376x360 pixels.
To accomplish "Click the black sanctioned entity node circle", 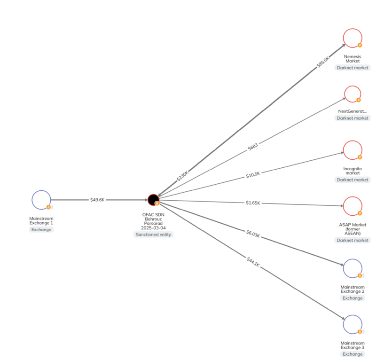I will tap(153, 200).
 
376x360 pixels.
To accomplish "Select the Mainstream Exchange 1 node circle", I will tap(41, 200).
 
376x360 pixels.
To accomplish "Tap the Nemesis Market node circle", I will tap(352, 38).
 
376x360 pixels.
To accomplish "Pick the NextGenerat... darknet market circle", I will tap(352, 94).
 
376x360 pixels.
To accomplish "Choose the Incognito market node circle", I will tap(352, 150).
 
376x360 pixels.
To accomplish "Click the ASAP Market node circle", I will tap(352, 206).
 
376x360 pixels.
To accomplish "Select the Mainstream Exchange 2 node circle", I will tap(352, 268).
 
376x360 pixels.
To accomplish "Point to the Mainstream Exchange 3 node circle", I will tap(352, 324).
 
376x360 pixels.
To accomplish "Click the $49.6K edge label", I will tap(97, 200).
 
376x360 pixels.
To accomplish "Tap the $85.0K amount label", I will tap(323, 62).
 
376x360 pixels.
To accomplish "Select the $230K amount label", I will tap(183, 176).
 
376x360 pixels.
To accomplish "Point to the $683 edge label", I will tap(253, 147).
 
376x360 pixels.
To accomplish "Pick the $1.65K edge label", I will tap(252, 203).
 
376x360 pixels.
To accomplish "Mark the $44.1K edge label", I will tap(253, 262).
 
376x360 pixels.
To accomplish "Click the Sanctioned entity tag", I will tap(153, 234).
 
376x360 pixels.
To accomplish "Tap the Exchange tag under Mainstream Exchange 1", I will tap(41, 230).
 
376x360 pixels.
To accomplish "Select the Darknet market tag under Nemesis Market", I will tap(352, 68).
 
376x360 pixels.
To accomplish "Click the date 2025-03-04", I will tap(153, 228).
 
